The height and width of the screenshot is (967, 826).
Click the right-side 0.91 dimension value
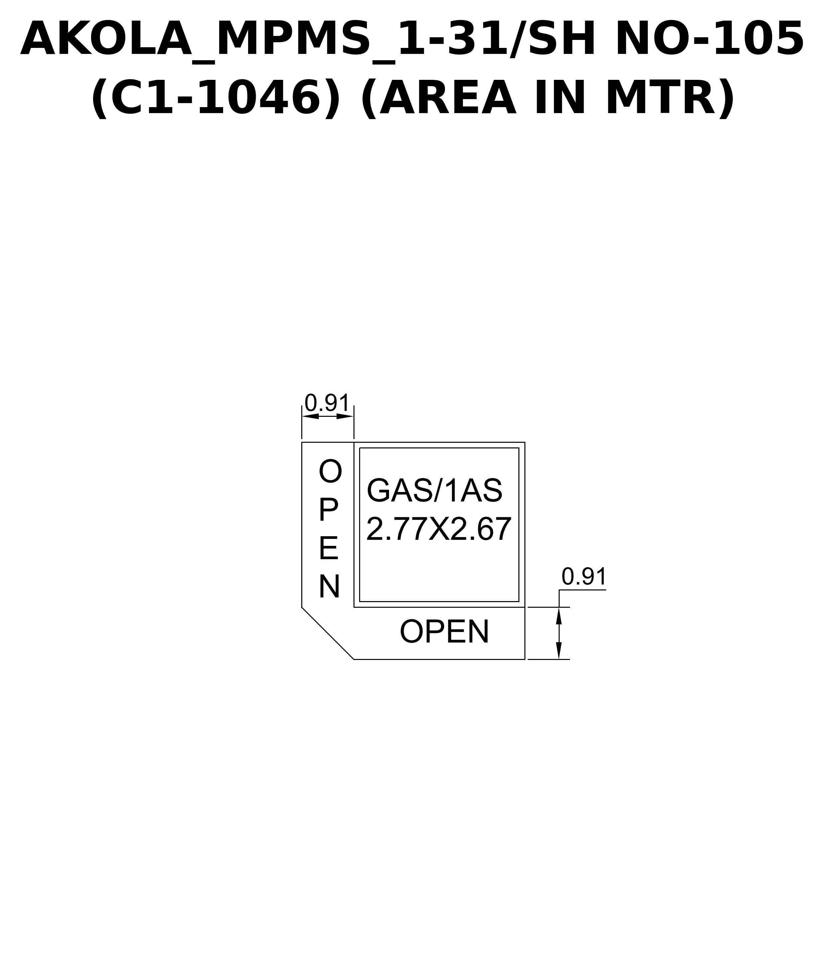pos(584,576)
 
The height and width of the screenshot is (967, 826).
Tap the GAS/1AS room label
pos(435,491)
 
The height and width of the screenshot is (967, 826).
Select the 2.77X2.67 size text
pos(439,529)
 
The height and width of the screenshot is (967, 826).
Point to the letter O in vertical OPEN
pos(330,471)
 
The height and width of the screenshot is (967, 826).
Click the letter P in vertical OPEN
pos(328,510)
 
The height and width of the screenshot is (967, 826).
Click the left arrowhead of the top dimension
pos(310,416)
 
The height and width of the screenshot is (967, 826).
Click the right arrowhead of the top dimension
pos(345,416)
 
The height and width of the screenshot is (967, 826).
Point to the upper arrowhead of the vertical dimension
pos(559,616)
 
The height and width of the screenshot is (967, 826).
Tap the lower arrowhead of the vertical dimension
pos(559,651)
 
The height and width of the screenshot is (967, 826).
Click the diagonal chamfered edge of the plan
pos(328,633)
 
